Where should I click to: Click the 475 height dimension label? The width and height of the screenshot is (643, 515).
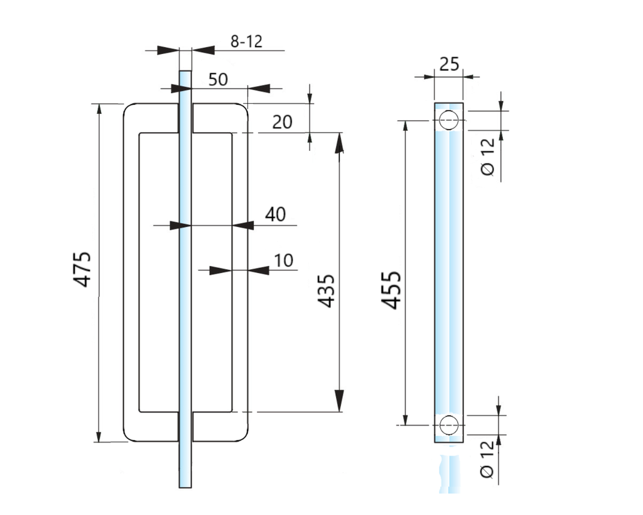pyautogui.click(x=84, y=270)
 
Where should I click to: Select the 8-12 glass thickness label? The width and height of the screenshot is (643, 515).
pyautogui.click(x=246, y=42)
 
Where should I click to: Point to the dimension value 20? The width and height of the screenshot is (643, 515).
pyautogui.click(x=282, y=121)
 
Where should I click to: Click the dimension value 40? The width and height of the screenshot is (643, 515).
pyautogui.click(x=274, y=214)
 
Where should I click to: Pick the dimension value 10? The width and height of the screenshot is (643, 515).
pyautogui.click(x=284, y=260)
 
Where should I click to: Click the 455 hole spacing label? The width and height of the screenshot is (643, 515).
pyautogui.click(x=392, y=290)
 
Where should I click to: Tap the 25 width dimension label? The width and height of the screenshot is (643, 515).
pyautogui.click(x=449, y=64)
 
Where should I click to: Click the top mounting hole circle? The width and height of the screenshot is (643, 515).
pyautogui.click(x=448, y=119)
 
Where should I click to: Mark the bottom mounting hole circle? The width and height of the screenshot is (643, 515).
pyautogui.click(x=448, y=425)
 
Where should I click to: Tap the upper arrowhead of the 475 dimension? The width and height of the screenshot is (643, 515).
pyautogui.click(x=99, y=110)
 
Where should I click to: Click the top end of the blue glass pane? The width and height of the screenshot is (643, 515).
pyautogui.click(x=185, y=73)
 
